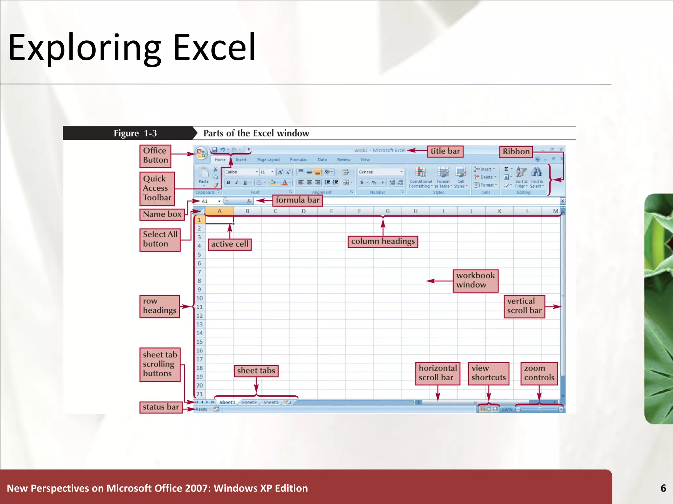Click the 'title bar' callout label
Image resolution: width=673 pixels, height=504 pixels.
pyautogui.click(x=445, y=151)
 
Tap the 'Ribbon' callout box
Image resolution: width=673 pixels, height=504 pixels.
pyautogui.click(x=516, y=152)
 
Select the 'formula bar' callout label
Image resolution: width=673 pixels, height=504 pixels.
pyautogui.click(x=297, y=200)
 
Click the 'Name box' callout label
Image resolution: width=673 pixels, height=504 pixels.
pyautogui.click(x=162, y=214)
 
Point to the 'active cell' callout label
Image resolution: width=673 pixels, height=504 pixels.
pyautogui.click(x=229, y=244)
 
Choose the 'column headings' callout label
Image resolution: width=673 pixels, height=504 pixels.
pyautogui.click(x=383, y=241)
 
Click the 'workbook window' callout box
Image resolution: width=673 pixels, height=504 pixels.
pyautogui.click(x=475, y=280)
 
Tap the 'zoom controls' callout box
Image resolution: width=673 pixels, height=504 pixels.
pyautogui.click(x=539, y=373)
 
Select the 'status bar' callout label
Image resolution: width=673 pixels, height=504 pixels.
pyautogui.click(x=161, y=407)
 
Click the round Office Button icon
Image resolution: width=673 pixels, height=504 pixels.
pyautogui.click(x=201, y=153)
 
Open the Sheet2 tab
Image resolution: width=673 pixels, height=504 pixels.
pyautogui.click(x=249, y=403)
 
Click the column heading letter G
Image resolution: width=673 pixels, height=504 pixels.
pyautogui.click(x=387, y=211)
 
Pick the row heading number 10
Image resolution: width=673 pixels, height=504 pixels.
pyautogui.click(x=199, y=298)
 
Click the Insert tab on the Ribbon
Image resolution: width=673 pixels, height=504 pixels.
pyautogui.click(x=241, y=160)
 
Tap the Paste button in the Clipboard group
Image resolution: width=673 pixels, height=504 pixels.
pyautogui.click(x=203, y=176)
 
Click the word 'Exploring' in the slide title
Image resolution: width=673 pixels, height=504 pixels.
pyautogui.click(x=84, y=48)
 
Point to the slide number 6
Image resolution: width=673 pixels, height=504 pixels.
pyautogui.click(x=663, y=488)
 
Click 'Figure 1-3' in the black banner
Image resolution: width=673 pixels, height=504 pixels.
pyautogui.click(x=135, y=133)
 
